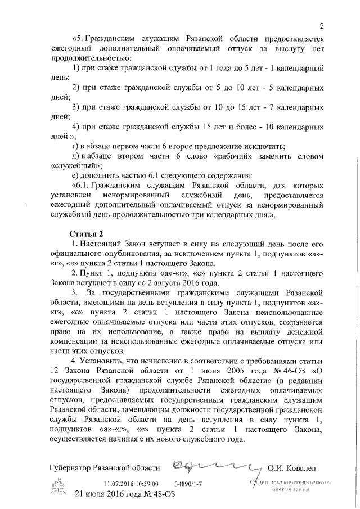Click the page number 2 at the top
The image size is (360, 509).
[321, 25]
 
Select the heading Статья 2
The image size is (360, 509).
[85, 233]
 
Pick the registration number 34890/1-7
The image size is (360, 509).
[189, 483]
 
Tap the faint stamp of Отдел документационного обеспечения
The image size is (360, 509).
[290, 487]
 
